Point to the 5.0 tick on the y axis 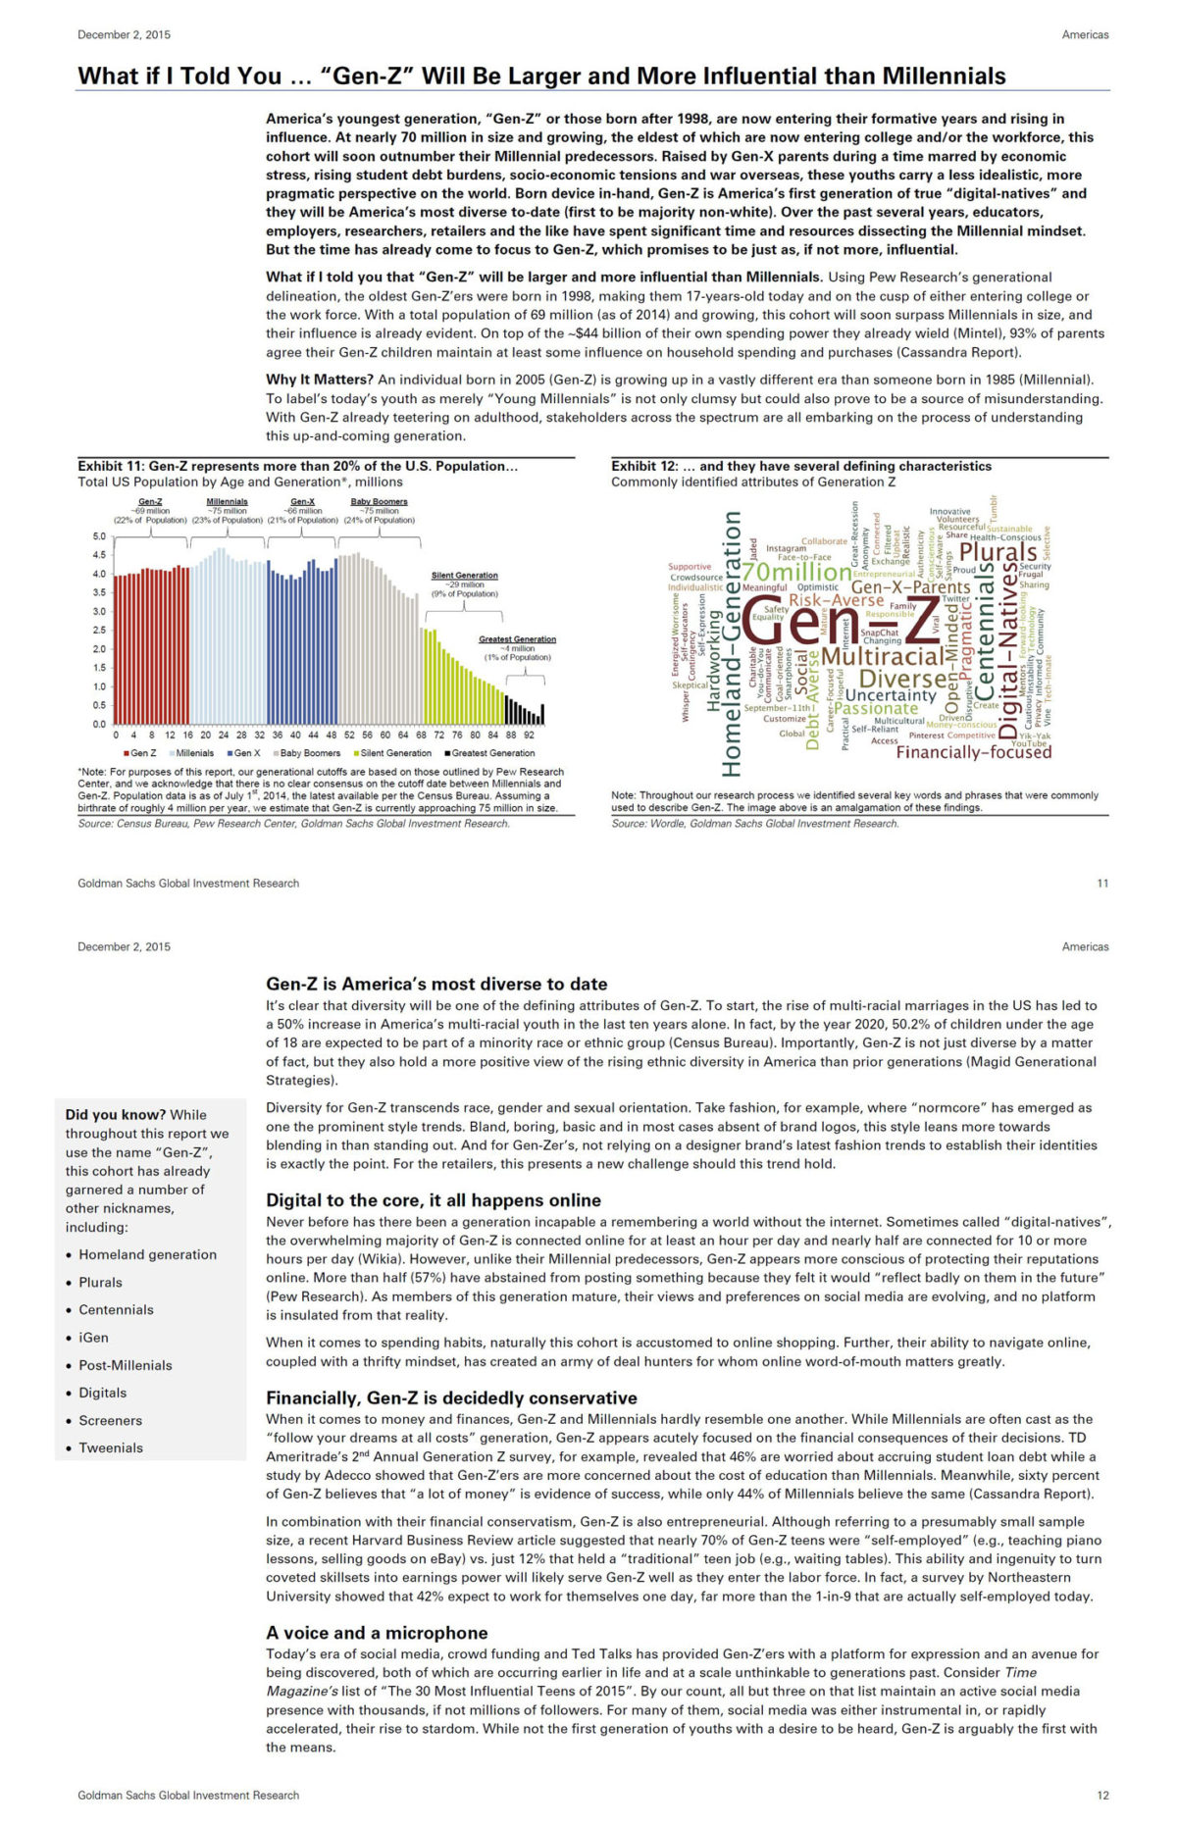point(99,536)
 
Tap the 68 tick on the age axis point(421,735)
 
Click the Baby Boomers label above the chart point(379,501)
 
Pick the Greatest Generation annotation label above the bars point(517,639)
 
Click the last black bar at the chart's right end point(542,714)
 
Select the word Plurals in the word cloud point(998,552)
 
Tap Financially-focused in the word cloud point(973,752)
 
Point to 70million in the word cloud point(796,572)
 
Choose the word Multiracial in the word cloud point(882,655)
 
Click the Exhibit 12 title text point(800,466)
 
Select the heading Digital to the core point(433,1200)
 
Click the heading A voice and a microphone point(377,1633)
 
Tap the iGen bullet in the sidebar point(93,1338)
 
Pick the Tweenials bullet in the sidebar point(110,1447)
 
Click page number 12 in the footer point(1102,1795)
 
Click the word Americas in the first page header point(1085,34)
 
